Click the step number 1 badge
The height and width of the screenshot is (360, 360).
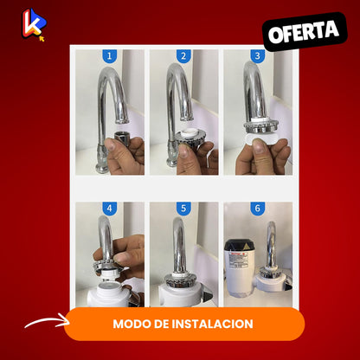(x=109, y=56)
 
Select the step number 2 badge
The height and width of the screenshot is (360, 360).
(x=183, y=56)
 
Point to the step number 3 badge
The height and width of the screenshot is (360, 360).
(x=258, y=56)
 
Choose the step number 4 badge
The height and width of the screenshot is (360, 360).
(x=109, y=209)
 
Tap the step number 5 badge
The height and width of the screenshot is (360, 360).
(x=183, y=209)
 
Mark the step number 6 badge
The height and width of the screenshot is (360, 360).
(x=258, y=209)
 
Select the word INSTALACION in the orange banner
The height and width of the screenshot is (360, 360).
(x=213, y=324)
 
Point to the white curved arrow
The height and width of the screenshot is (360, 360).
(x=46, y=321)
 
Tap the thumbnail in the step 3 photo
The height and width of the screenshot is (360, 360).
(x=260, y=146)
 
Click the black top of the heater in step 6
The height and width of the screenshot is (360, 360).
(x=240, y=245)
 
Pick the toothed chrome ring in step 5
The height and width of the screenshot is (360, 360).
(x=180, y=279)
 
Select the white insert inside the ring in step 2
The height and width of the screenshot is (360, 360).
(x=190, y=132)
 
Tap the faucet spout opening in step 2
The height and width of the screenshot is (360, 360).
(x=187, y=118)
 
